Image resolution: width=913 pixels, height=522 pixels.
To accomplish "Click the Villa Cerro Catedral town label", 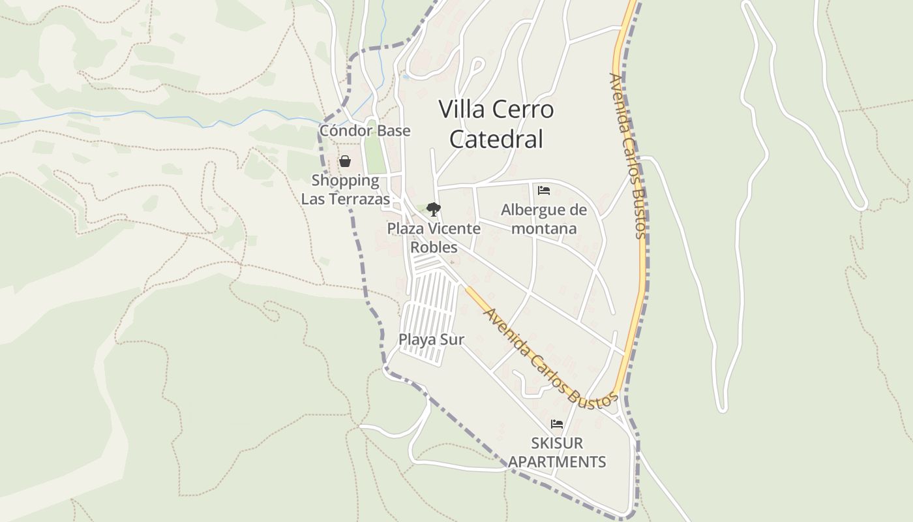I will point(496,123).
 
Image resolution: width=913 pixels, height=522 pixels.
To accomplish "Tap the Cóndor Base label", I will point(365,130).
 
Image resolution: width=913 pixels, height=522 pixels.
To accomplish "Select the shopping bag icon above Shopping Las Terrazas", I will point(345,161).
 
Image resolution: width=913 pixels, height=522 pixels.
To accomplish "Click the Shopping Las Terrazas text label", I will point(346,190).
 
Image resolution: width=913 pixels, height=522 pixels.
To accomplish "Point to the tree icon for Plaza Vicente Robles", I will point(433,209).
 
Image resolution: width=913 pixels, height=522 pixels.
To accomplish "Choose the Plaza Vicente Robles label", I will point(434,238).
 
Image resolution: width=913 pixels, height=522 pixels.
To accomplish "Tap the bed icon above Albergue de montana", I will point(544,191).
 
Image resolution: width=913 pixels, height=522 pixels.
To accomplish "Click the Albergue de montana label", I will point(544,219).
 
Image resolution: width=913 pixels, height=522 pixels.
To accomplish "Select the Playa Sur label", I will point(431,339).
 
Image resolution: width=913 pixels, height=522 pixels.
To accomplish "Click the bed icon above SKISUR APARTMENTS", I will point(556,424).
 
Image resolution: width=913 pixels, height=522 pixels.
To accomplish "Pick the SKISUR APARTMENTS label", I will point(557,453).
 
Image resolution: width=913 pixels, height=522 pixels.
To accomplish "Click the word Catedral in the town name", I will point(496,139).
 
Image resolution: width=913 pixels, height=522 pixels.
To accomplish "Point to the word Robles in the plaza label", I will point(434,248).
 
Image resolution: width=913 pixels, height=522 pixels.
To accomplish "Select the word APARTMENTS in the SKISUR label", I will point(557,462).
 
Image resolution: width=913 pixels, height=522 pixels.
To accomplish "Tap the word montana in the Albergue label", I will point(544,228).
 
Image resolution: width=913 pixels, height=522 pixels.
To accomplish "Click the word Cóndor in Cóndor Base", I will point(344,130).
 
